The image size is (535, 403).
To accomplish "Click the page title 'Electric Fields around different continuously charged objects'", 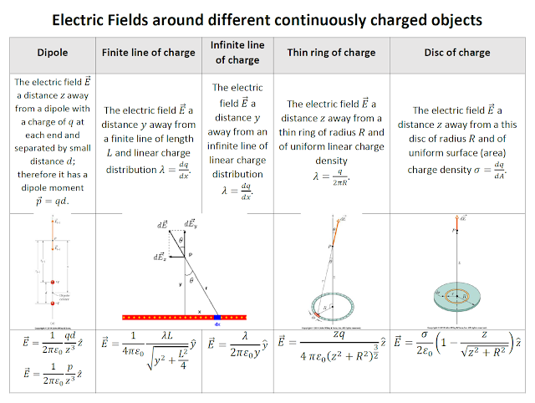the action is click(267, 18).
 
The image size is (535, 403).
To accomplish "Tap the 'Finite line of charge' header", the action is click(148, 53).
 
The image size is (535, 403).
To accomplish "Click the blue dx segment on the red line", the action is click(217, 317).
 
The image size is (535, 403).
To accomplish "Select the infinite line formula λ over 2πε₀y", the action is click(242, 344).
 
